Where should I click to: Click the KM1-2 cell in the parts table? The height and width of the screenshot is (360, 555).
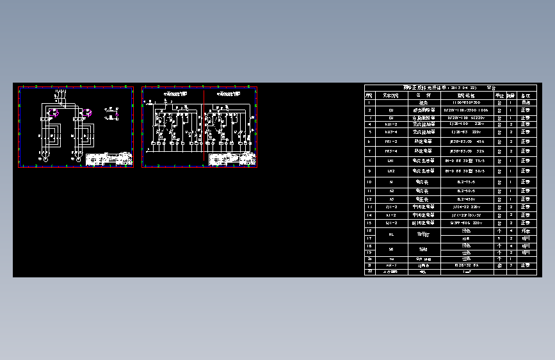click(x=391, y=124)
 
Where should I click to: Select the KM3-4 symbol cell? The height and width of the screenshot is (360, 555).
click(x=391, y=132)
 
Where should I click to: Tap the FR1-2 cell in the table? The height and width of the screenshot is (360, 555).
click(x=391, y=141)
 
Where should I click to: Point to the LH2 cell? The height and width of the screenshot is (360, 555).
click(x=391, y=172)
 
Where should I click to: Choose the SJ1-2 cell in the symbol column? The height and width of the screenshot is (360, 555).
click(x=391, y=223)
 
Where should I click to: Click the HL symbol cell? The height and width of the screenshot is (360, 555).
click(x=391, y=234)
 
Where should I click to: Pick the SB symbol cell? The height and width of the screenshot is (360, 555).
click(x=391, y=249)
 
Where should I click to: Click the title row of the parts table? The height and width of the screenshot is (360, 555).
click(x=450, y=88)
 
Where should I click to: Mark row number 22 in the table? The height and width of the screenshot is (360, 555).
click(x=369, y=272)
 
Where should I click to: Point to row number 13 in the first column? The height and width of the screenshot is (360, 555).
click(x=369, y=207)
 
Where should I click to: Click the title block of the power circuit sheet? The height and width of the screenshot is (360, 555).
click(x=108, y=160)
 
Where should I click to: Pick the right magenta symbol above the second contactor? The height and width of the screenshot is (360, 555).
click(x=87, y=113)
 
